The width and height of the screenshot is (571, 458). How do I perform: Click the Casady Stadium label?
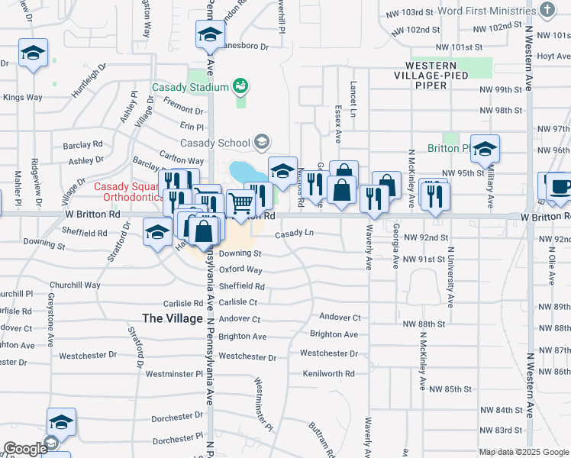coord(190,87)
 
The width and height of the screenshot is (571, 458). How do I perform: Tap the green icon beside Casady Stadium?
coord(241,86)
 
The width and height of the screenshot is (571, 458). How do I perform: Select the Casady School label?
coord(215,143)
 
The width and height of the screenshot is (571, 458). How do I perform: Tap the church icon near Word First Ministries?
coord(547,10)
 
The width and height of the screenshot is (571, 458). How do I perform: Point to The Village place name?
coord(173,318)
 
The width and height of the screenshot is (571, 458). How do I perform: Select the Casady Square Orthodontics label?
coord(127,192)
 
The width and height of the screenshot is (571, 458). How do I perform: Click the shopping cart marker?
coord(241,202)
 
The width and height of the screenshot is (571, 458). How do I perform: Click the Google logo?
coord(25,449)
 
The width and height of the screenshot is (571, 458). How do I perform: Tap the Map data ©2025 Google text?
coord(524,452)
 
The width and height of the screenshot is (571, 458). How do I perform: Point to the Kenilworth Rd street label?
coord(328,373)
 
